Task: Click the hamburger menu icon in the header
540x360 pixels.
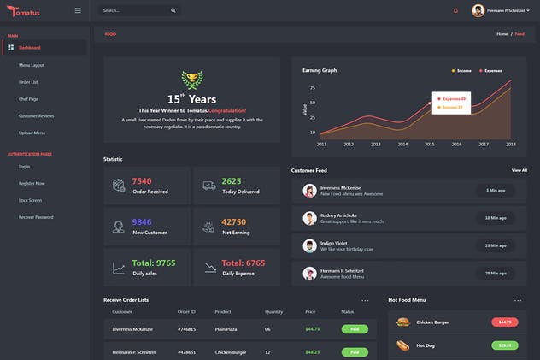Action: point(78,10)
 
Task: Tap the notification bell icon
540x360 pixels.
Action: point(455,10)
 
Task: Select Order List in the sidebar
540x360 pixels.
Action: point(28,82)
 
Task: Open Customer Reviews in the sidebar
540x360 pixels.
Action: point(37,115)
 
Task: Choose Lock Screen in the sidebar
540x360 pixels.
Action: point(30,200)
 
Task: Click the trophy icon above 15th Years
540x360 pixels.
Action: point(192,80)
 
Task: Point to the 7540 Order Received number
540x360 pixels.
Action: point(142,181)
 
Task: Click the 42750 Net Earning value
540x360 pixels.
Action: point(233,222)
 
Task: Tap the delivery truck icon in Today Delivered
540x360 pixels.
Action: point(208,186)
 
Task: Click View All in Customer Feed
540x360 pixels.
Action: point(519,170)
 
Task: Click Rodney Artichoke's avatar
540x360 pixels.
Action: point(309,219)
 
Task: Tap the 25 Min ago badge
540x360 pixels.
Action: point(496,245)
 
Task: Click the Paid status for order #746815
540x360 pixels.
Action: point(354,328)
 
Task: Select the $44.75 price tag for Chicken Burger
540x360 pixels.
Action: point(504,322)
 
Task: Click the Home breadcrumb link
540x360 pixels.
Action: point(502,34)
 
